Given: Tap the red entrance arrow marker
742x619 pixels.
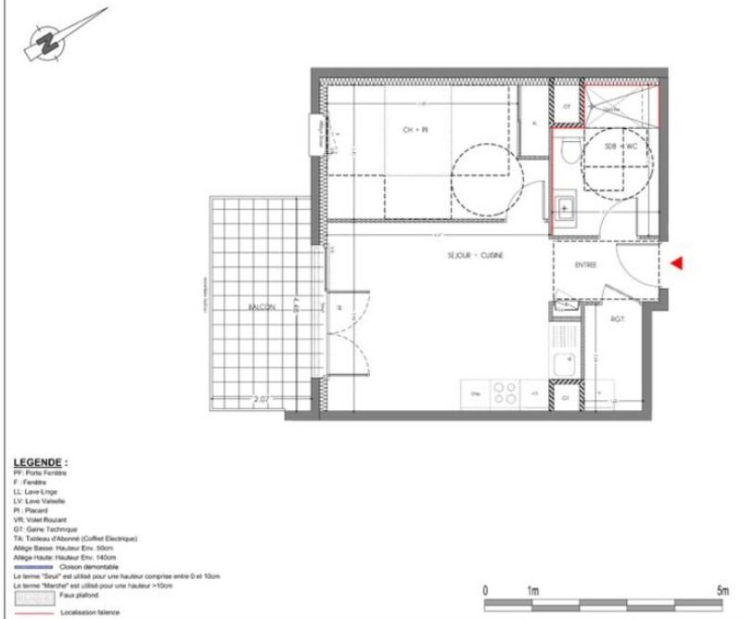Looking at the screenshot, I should click(x=677, y=264).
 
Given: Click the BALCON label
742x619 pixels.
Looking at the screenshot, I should click(x=261, y=307).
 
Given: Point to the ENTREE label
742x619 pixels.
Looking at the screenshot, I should click(x=585, y=265).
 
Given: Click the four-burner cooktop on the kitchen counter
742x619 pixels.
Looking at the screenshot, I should click(x=505, y=393).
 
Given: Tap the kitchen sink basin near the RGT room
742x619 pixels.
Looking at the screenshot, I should click(x=562, y=362).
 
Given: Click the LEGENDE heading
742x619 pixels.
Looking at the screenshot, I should click(x=41, y=461).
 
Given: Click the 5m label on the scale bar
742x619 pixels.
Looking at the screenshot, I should click(x=722, y=590).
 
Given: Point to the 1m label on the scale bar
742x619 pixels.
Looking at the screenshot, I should click(x=532, y=590).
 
